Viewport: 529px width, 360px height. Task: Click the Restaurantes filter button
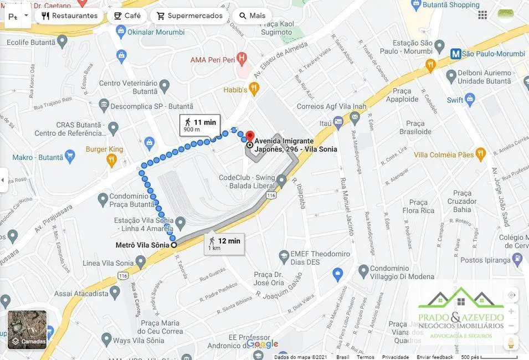pos(69,16)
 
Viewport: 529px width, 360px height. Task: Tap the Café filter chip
pos(127,16)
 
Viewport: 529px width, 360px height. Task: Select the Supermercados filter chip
pos(189,16)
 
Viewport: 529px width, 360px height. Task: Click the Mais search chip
pos(251,16)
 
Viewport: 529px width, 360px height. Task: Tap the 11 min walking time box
pos(199,125)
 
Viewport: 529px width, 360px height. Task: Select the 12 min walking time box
pos(224,244)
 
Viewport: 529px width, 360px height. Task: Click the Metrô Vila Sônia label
pos(142,245)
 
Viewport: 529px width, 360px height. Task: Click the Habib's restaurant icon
pos(254,88)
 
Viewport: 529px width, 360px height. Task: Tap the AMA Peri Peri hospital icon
pos(241,58)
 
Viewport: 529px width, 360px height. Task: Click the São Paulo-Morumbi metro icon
pos(455,54)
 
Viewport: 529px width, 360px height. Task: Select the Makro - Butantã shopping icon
pos(70,156)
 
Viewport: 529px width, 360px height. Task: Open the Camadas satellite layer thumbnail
pos(27,330)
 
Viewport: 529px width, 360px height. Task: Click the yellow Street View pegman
pos(511,343)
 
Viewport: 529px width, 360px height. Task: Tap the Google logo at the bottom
pos(262,343)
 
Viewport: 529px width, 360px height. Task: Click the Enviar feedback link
pos(435,357)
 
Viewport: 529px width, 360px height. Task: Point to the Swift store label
pos(455,100)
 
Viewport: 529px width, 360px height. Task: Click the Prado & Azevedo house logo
pos(461,302)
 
